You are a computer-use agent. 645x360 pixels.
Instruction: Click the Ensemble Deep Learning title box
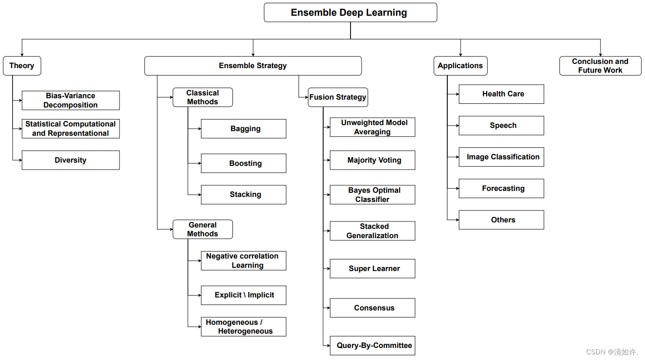pos(350,13)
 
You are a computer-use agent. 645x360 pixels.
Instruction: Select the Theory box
pos(22,66)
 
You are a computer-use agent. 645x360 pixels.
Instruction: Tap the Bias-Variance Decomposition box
pos(70,101)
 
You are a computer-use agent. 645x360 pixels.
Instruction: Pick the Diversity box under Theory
pos(70,160)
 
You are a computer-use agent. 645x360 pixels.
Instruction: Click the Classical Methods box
pos(202,97)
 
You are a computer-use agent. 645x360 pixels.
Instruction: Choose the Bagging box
pos(244,129)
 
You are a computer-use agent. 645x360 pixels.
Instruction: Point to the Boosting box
pos(244,164)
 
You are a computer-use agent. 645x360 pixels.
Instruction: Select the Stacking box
pos(244,195)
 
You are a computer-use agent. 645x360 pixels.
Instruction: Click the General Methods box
pos(202,229)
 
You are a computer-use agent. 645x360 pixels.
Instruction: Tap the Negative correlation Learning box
pos(244,261)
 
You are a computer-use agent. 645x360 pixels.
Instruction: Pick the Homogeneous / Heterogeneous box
pos(244,327)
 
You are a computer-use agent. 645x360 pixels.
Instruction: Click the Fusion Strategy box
pos(338,97)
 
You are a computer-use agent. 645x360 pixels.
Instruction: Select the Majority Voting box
pos(373,160)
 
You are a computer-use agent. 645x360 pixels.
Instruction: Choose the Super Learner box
pos(373,269)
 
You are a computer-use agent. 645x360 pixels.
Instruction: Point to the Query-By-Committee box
pos(373,346)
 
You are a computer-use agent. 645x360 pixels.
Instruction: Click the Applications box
pos(460,66)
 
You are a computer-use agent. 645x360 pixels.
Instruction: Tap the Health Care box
pos(501,94)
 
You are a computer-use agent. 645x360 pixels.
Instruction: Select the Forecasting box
pos(501,189)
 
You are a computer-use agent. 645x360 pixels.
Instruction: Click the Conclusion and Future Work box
pos(600,66)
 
